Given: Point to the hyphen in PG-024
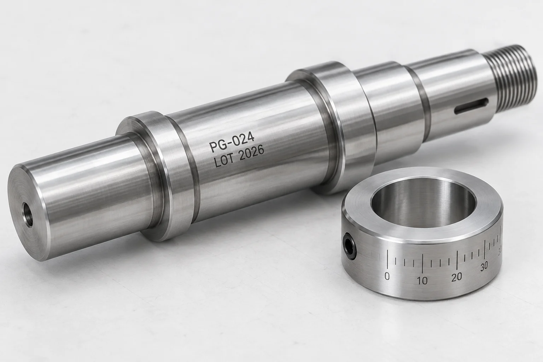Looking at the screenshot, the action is tap(229, 144).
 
